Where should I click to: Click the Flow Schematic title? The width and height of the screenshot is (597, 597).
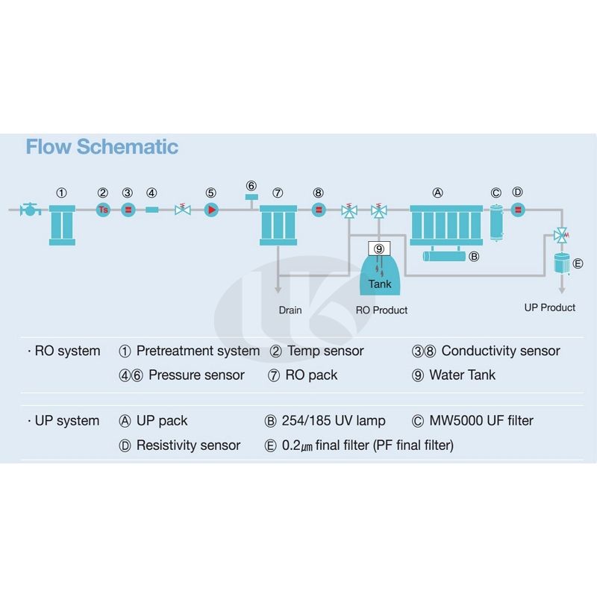(101, 146)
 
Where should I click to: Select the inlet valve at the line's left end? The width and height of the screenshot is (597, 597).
(31, 210)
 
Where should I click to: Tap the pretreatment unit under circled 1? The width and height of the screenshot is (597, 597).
(63, 223)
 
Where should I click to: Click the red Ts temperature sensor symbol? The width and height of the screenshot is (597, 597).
(104, 210)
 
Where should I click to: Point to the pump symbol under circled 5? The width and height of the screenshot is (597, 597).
(211, 210)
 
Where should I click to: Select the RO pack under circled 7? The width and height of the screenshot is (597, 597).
(278, 224)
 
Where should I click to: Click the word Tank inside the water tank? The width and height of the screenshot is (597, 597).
(380, 284)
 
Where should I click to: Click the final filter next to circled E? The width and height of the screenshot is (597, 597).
(560, 263)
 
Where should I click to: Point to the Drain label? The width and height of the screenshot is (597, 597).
(290, 310)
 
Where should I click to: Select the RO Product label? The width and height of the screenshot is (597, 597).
(381, 310)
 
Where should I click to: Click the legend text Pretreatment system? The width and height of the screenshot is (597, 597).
(198, 351)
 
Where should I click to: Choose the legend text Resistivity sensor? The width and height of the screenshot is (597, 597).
(188, 446)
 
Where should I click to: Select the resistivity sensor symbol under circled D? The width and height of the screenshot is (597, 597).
(518, 210)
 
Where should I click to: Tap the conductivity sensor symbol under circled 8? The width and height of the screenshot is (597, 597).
(319, 210)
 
